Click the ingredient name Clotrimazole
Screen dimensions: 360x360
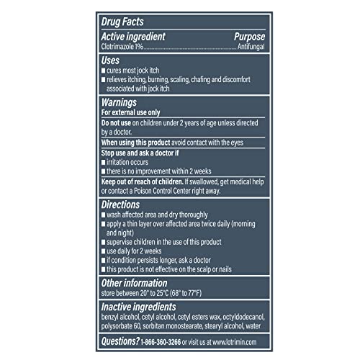pyautogui.click(x=121, y=47)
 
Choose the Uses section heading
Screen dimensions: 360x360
pyautogui.click(x=111, y=61)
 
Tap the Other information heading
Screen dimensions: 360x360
pyautogui.click(x=134, y=283)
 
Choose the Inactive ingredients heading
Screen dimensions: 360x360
pyautogui.click(x=138, y=307)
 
